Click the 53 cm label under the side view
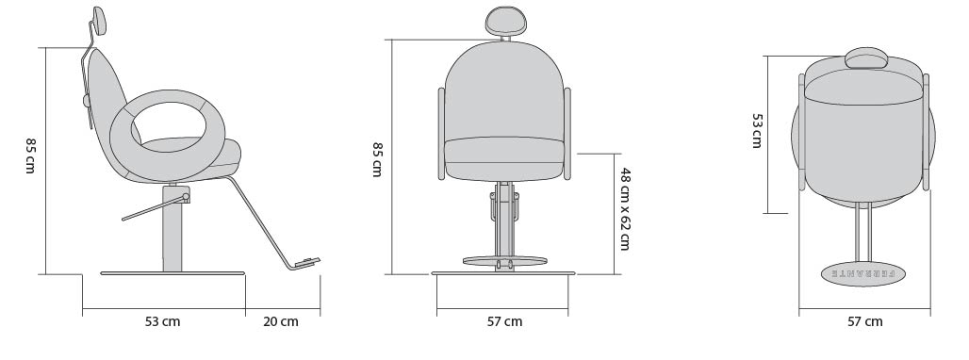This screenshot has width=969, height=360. (x=162, y=321)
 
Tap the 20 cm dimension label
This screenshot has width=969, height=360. (x=281, y=321)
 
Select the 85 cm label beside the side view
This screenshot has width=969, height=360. (x=30, y=155)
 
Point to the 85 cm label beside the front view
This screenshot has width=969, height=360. (x=377, y=159)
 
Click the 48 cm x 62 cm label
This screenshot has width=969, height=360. (x=625, y=208)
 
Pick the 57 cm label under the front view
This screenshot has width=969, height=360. (x=504, y=321)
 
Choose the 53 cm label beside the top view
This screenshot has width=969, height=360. (x=756, y=130)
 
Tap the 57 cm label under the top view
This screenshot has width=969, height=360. (x=864, y=321)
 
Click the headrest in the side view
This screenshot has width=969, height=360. (x=100, y=21)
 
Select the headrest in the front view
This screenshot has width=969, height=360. (x=506, y=21)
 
